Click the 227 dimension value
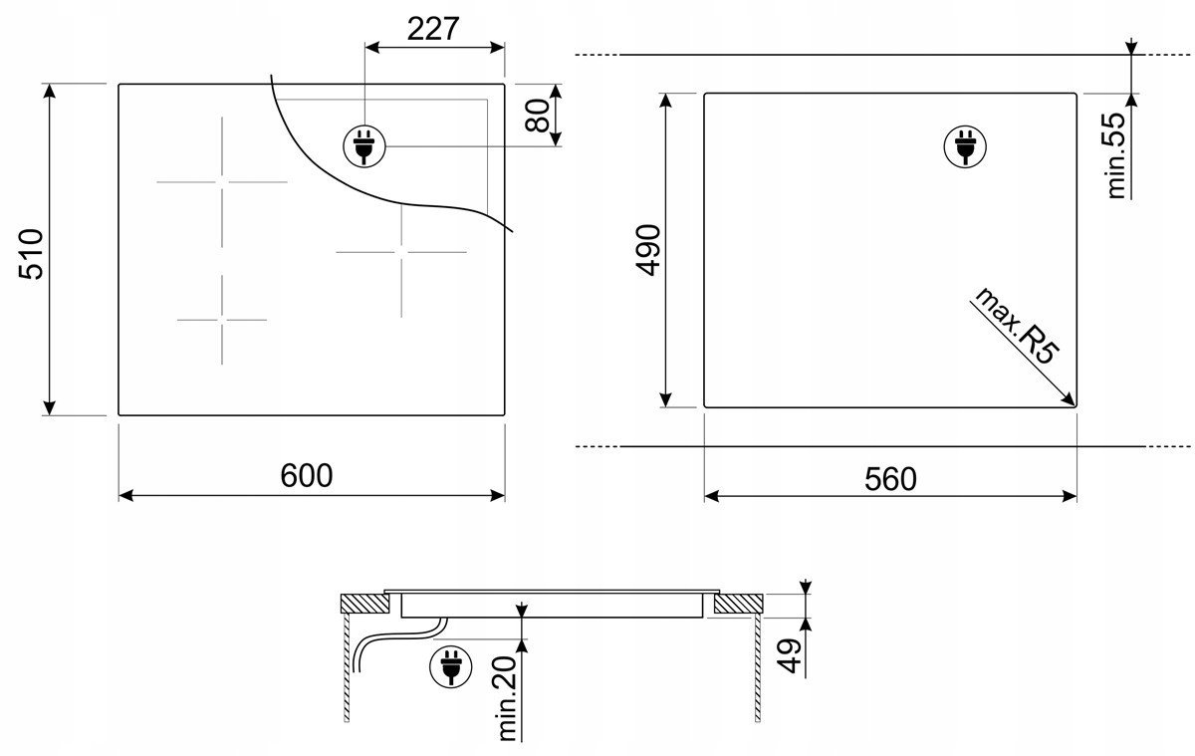(x=432, y=29)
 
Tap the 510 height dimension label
(x=31, y=254)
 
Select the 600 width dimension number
(x=307, y=475)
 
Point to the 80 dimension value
(x=537, y=116)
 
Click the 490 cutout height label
(x=648, y=250)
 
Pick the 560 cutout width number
(x=890, y=479)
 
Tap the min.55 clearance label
(x=1116, y=155)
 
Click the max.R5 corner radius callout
(x=1017, y=327)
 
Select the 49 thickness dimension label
(x=789, y=655)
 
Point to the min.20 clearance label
(x=507, y=698)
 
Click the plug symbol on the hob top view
(x=364, y=146)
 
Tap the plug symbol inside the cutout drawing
(x=965, y=146)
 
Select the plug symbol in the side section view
(x=451, y=666)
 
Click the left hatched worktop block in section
(x=364, y=604)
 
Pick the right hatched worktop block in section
(x=738, y=604)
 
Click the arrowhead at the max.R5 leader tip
(x=1070, y=400)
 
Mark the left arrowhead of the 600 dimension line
(x=125, y=496)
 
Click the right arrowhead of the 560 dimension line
(x=1070, y=496)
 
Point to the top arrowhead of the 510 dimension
(x=49, y=91)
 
